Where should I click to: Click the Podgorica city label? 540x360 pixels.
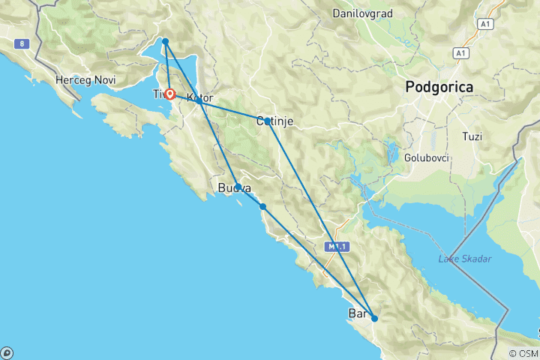coord(439,87)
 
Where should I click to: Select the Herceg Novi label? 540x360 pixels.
coord(79,79)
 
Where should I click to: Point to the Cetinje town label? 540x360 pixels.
coord(274,121)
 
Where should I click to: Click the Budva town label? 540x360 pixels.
coord(232,188)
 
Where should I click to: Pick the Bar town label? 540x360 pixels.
coord(358,313)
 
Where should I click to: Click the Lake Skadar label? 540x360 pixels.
coord(465,259)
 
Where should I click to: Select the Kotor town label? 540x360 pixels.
coord(200,98)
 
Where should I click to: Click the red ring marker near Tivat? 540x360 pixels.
coord(170,94)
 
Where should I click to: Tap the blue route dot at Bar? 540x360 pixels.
coord(374,318)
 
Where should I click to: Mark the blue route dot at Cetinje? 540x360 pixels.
coord(267,121)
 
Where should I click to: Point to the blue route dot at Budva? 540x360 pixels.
coord(238,187)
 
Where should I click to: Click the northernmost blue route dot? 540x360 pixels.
coord(165,41)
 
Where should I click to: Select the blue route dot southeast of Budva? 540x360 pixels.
coord(262,206)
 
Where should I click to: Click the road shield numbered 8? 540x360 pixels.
coord(24,44)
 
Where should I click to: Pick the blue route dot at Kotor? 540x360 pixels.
coord(198,100)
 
